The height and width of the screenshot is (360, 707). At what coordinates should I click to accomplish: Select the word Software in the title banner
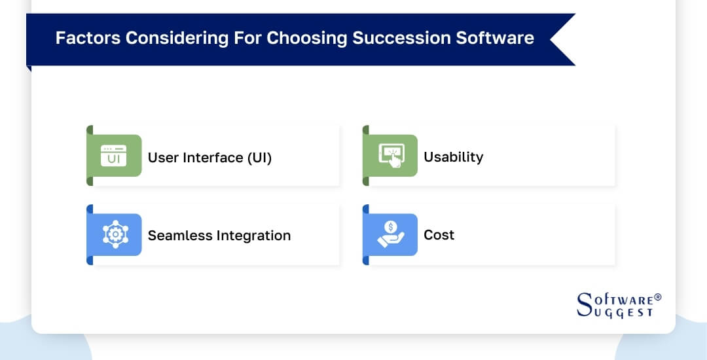496,38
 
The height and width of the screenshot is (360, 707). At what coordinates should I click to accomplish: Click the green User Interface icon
114,156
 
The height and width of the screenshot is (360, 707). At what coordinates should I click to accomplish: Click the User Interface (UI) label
209,157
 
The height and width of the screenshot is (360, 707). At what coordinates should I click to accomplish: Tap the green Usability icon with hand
390,156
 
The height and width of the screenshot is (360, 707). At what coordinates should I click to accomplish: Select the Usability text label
453,157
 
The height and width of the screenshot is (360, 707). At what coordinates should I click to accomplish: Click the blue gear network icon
114,234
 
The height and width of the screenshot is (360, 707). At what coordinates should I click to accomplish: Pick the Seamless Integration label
219,235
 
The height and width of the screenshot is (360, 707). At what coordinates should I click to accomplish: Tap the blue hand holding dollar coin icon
390,234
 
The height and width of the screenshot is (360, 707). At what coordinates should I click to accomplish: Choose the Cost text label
439,235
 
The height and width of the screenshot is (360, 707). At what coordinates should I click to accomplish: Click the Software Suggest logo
615,305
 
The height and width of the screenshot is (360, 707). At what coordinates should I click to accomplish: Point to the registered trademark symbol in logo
657,297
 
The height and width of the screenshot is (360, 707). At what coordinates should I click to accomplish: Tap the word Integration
252,235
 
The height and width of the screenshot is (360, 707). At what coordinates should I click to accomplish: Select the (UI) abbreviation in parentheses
259,157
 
